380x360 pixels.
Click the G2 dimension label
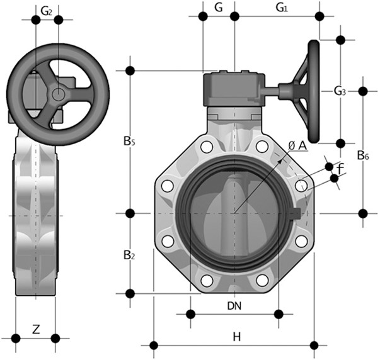(x=46, y=10)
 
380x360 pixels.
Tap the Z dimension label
(x=36, y=329)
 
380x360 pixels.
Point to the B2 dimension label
(x=129, y=255)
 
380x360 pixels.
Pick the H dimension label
(x=236, y=337)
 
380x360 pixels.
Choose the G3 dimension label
(x=340, y=92)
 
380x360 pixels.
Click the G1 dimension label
(x=282, y=8)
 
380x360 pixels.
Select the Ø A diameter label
(x=296, y=145)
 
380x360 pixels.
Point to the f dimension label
(x=340, y=168)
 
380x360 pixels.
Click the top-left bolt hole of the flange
(x=206, y=148)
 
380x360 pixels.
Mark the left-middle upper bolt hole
(x=167, y=186)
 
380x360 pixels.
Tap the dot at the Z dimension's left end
(x=16, y=338)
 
